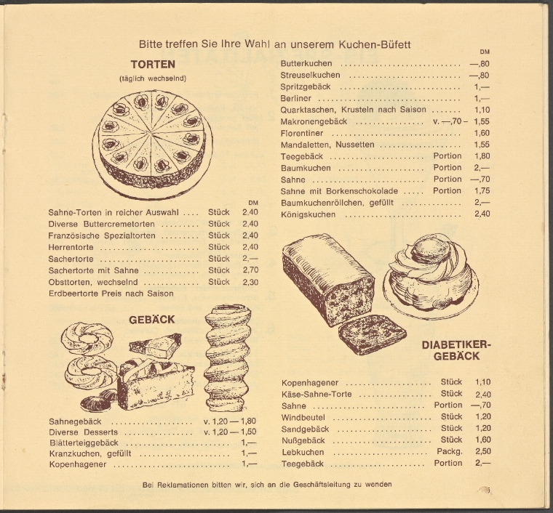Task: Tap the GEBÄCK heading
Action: coord(151,319)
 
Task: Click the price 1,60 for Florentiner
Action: coord(482,133)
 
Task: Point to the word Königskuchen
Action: coord(308,214)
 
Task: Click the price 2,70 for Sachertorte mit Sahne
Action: coord(250,270)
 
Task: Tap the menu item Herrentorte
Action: coord(71,247)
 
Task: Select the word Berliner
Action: coord(296,98)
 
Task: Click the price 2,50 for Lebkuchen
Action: coord(483,451)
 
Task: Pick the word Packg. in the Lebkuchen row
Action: coord(450,451)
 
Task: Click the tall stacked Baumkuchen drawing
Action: coord(227,358)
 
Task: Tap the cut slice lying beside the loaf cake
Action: coord(372,334)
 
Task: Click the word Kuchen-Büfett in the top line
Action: coord(375,44)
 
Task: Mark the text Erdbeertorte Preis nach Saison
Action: coord(111,294)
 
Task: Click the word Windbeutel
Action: coord(303,418)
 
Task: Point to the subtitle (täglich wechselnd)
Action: coord(153,78)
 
